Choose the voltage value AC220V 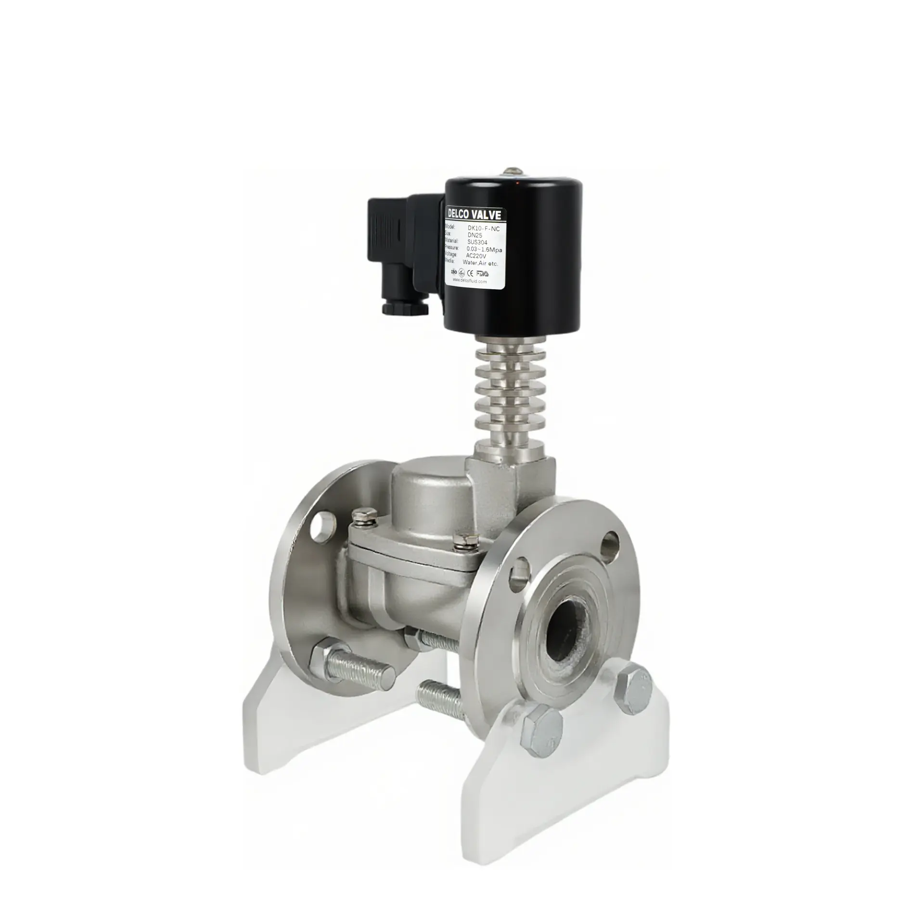click(x=476, y=256)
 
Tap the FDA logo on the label click(x=482, y=272)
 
